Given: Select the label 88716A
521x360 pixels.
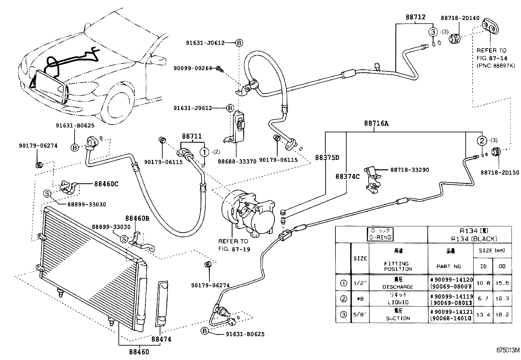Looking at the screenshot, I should point(376,123).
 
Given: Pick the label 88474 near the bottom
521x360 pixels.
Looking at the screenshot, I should point(161,339).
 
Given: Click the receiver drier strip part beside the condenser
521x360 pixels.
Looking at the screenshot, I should point(162,303).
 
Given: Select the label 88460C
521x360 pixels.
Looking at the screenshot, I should point(106,184).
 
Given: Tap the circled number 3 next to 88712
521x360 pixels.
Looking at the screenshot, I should point(433,32).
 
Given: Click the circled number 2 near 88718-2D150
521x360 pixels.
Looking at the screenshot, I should point(482,141).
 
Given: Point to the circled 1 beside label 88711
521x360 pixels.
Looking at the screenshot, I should point(204,152).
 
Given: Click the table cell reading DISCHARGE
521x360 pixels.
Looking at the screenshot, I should point(398,287).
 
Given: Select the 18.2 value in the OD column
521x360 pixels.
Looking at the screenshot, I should point(502,314).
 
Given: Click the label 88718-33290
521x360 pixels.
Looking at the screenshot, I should point(409,170).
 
